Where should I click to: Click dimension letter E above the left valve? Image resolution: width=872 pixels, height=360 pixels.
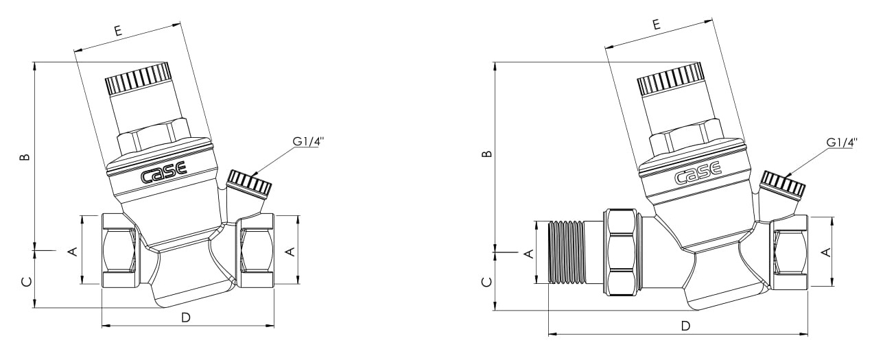[118, 30]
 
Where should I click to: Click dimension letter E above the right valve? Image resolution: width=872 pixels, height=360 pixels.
[656, 25]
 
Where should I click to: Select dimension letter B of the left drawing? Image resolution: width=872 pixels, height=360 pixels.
[25, 156]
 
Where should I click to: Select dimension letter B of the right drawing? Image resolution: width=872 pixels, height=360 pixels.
[486, 154]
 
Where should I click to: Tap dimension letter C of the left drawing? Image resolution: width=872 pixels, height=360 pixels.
[25, 281]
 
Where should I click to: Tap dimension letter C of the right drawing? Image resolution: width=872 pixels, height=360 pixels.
[486, 281]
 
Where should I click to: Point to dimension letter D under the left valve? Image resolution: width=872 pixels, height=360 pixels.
[186, 317]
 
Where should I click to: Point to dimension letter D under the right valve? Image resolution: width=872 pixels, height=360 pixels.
[685, 326]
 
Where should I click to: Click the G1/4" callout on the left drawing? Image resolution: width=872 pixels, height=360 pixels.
[308, 141]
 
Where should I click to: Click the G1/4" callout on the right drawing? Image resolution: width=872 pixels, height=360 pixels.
[842, 143]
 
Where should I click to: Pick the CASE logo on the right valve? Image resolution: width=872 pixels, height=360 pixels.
[698, 173]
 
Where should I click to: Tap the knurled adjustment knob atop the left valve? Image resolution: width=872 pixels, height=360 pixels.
[138, 78]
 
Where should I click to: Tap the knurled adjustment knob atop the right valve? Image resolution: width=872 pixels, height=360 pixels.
[670, 79]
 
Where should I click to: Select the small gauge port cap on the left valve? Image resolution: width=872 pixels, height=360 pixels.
[250, 183]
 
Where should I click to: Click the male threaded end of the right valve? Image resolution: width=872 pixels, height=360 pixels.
[567, 252]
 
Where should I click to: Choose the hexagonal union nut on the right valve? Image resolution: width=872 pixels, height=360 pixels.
[622, 252]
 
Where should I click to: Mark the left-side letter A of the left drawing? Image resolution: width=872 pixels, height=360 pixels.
[73, 252]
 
